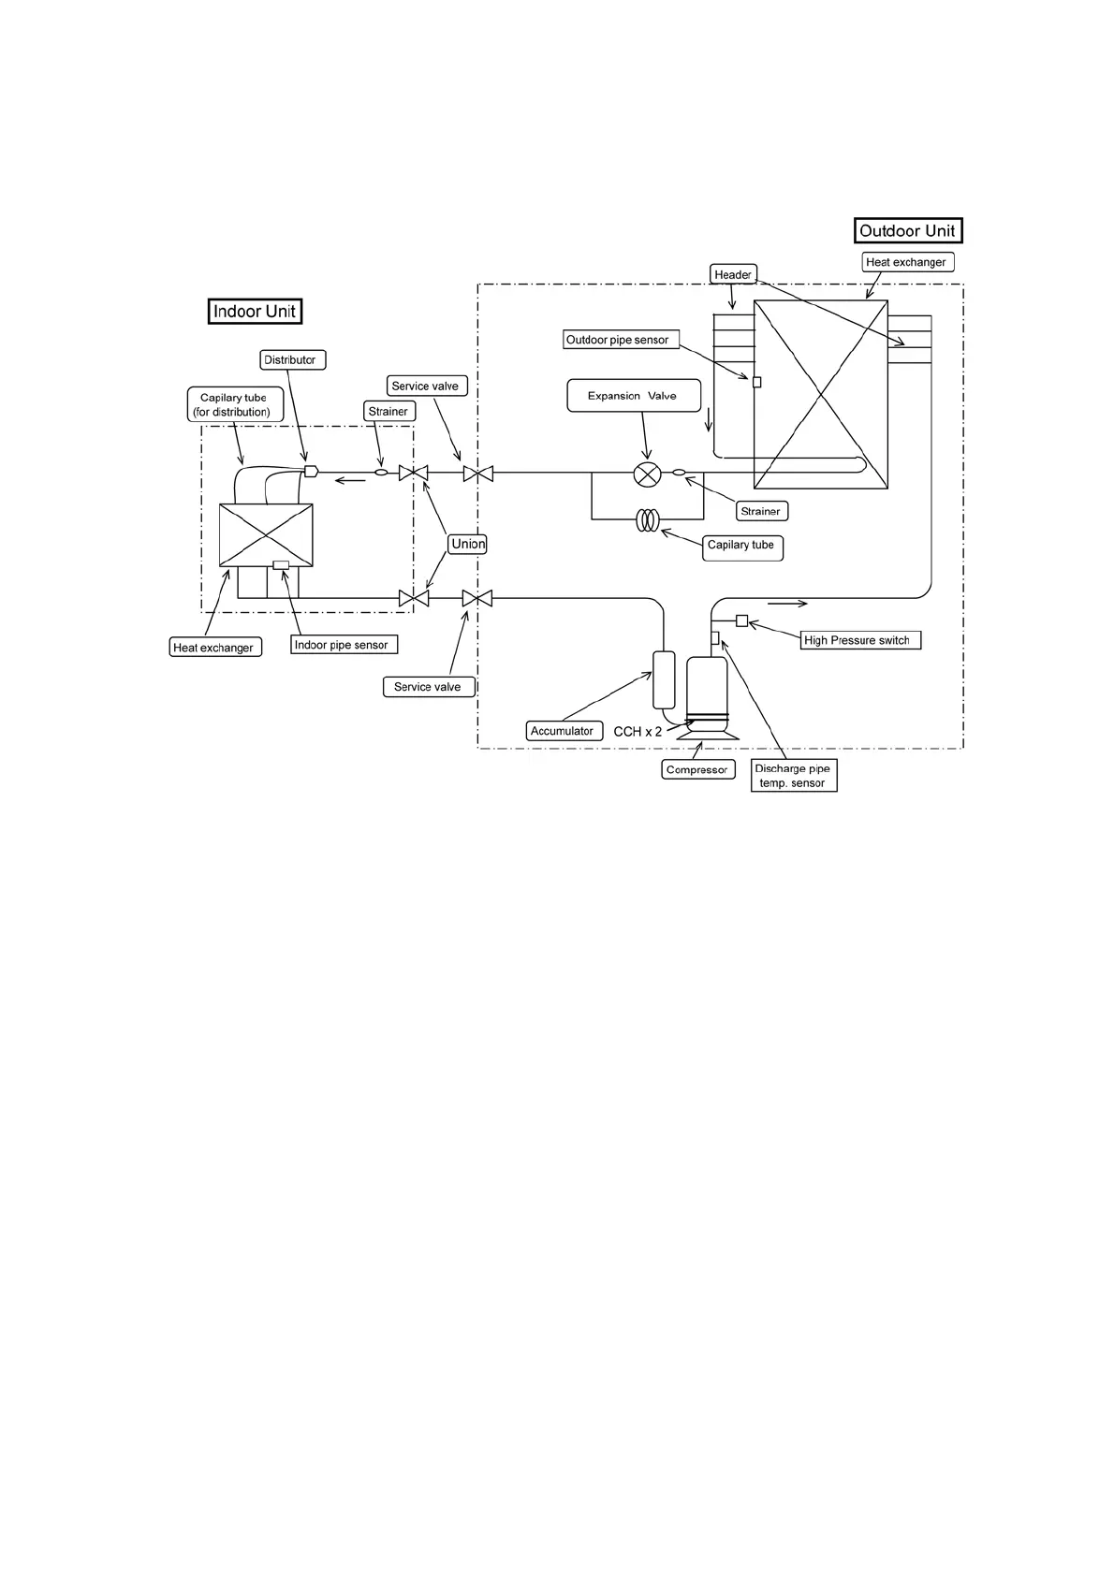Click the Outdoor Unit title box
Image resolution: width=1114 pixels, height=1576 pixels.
click(x=907, y=231)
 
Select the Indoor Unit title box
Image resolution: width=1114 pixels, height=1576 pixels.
click(x=255, y=312)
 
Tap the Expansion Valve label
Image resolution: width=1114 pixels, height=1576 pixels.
click(x=634, y=396)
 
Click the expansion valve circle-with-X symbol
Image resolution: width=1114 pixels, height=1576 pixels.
click(x=646, y=474)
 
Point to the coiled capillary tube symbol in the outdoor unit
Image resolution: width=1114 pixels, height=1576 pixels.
click(x=648, y=520)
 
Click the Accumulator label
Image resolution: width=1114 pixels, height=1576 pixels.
click(x=563, y=731)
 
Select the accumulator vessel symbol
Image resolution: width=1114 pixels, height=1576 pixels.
click(x=663, y=679)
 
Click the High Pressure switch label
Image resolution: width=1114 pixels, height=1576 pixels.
click(x=857, y=640)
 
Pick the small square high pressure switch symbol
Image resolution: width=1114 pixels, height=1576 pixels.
click(x=741, y=620)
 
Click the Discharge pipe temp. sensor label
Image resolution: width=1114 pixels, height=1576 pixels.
click(x=793, y=776)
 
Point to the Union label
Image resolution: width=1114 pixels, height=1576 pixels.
click(x=468, y=544)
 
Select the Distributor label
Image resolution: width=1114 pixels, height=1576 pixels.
click(x=290, y=360)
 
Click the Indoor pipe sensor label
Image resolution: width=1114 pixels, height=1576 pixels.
click(x=342, y=645)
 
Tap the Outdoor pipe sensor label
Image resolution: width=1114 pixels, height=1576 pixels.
click(x=619, y=340)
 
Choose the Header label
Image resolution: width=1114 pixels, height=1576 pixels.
click(x=733, y=274)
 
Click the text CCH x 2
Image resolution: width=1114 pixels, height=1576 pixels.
click(x=638, y=732)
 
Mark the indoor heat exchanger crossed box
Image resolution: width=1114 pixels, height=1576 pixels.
click(x=266, y=535)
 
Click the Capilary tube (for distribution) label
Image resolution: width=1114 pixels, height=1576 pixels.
click(x=233, y=404)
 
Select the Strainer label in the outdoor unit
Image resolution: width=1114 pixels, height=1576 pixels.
click(x=760, y=511)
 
